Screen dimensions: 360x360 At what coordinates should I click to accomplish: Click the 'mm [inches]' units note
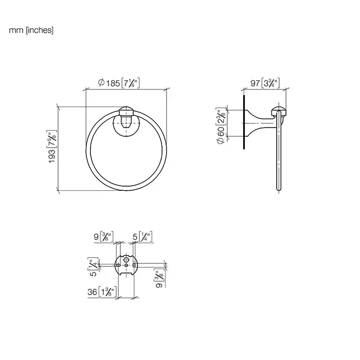point(31,30)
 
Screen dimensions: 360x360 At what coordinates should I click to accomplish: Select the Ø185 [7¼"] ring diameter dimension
point(119,83)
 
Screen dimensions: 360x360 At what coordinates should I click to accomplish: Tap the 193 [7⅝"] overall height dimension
point(52,147)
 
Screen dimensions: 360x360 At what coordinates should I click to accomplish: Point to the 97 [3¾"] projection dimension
point(265,83)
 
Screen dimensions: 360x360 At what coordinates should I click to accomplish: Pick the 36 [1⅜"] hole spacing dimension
point(102,292)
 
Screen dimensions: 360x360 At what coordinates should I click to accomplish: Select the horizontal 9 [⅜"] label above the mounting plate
point(103,237)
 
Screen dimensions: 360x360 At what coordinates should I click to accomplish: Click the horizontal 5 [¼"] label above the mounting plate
point(142,237)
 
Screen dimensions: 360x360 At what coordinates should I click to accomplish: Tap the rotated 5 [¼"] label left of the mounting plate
point(93,267)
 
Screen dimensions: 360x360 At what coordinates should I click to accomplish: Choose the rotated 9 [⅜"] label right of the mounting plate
point(159,278)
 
